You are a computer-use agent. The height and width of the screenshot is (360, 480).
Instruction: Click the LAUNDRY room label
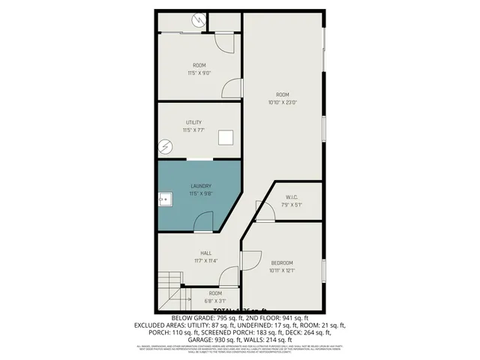tap(200, 186)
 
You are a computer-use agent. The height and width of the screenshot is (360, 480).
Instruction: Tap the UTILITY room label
tap(194, 122)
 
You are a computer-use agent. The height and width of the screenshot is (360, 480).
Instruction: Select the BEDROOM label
tap(282, 262)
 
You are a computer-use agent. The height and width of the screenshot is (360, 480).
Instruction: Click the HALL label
tap(205, 253)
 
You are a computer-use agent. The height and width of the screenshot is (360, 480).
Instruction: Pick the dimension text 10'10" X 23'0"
tap(283, 102)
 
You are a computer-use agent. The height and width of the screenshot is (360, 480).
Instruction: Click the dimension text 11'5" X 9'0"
tap(199, 73)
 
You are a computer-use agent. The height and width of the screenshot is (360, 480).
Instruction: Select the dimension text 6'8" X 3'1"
tap(215, 301)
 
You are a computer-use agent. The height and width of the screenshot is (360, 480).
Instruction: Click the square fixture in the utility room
tap(225, 138)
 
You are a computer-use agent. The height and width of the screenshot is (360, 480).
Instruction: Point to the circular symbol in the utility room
tap(166, 145)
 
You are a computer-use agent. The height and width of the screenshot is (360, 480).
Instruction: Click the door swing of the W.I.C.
tap(263, 209)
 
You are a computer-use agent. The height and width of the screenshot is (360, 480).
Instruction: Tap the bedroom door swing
tap(250, 258)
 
